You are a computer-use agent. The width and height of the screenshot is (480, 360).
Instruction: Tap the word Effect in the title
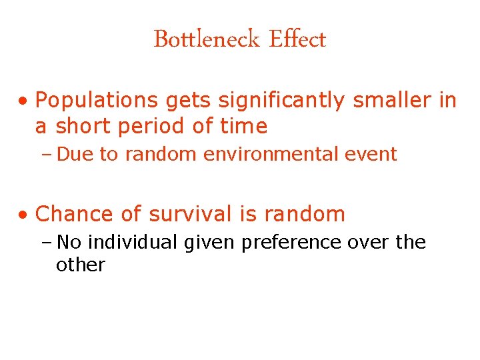point(297,39)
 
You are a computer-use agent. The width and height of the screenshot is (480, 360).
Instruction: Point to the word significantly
point(282,101)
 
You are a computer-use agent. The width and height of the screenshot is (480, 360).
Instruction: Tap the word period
point(151,126)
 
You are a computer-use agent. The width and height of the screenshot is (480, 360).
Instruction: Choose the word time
point(243,126)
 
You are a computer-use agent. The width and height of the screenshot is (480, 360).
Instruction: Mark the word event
point(372,155)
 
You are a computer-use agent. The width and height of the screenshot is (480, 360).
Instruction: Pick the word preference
point(292,243)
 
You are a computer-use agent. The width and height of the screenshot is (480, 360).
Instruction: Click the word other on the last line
point(81,265)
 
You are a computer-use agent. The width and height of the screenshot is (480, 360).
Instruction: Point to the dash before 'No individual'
point(48,243)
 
